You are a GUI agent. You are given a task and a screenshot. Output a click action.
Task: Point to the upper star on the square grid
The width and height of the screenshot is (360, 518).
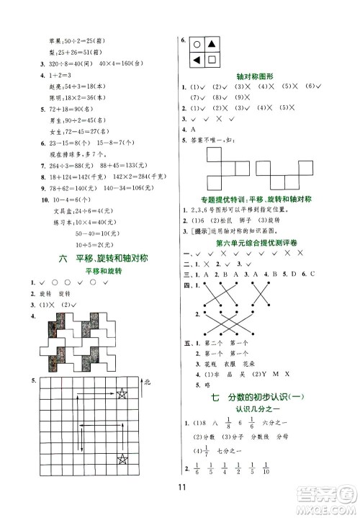tap(122, 392)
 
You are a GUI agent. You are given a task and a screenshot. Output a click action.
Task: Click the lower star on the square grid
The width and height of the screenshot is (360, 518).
tap(122, 459)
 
